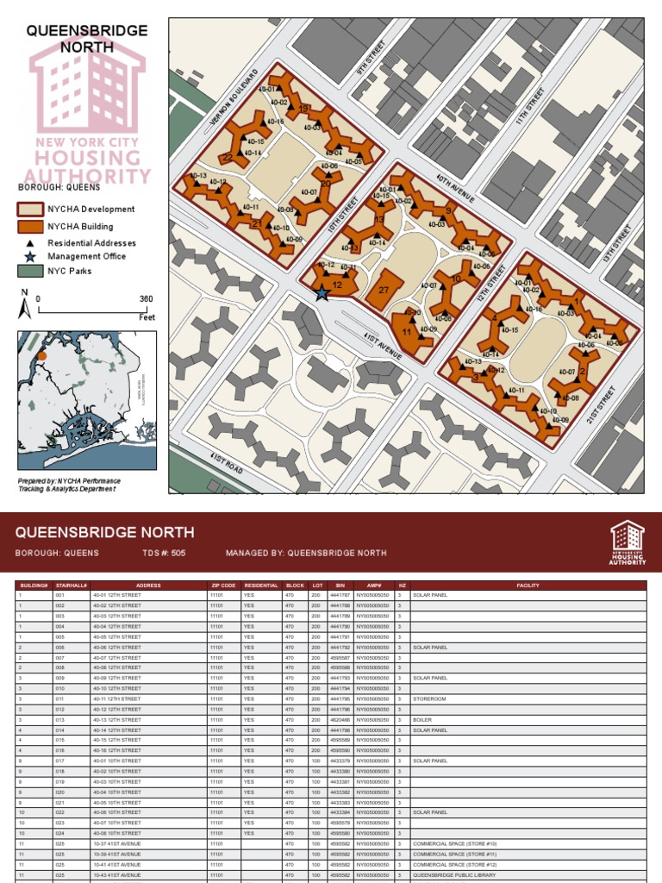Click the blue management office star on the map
click(x=322, y=294)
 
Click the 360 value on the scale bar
click(x=146, y=299)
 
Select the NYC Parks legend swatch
click(x=30, y=272)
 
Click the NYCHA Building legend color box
click(x=30, y=227)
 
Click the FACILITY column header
click(x=528, y=586)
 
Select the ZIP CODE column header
click(x=222, y=586)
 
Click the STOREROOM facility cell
click(x=430, y=698)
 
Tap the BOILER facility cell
click(x=422, y=719)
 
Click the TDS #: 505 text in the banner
click(x=164, y=553)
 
